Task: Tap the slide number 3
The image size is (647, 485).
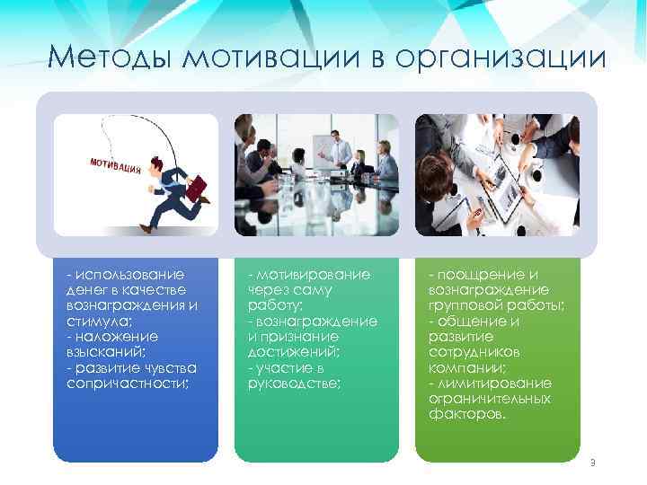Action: tap(592, 463)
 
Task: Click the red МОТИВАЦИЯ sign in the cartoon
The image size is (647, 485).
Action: tap(115, 167)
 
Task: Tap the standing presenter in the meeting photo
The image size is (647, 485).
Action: tap(335, 149)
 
